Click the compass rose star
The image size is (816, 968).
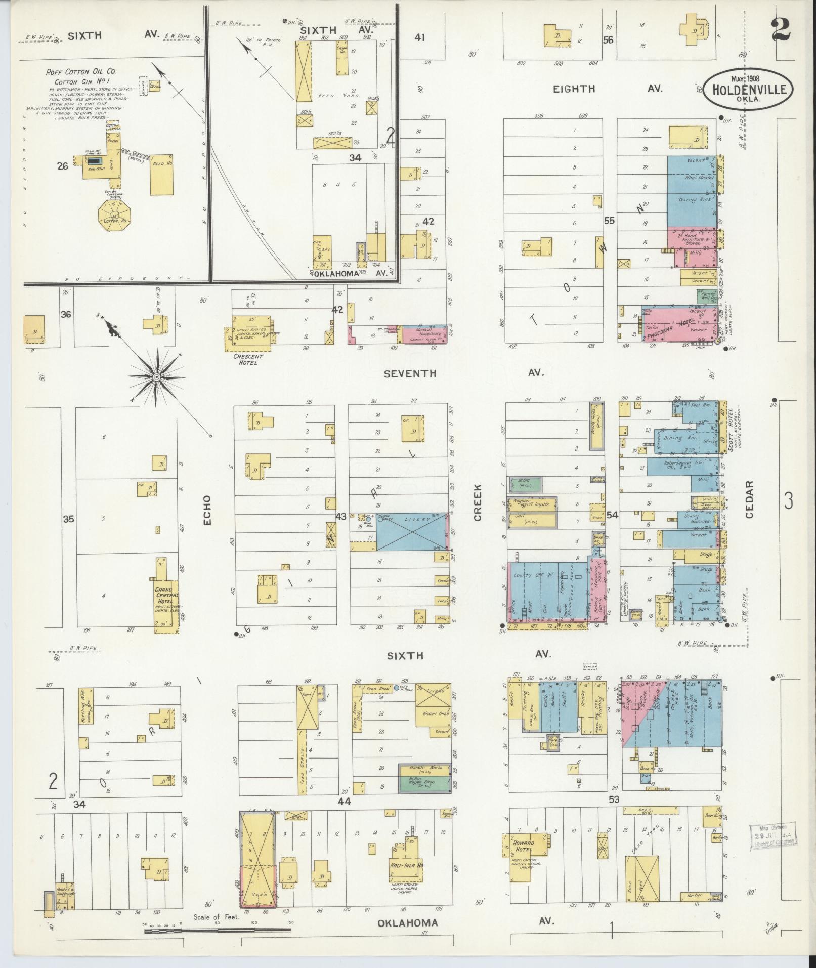point(157,377)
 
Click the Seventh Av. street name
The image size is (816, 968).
point(410,373)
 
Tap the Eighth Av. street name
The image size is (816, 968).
point(574,89)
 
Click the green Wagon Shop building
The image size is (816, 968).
point(423,798)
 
